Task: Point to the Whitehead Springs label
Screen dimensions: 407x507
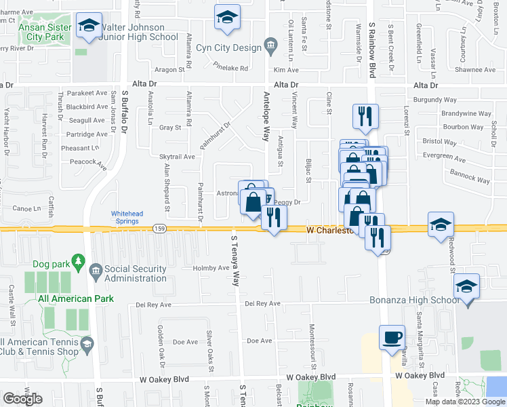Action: (x=127, y=217)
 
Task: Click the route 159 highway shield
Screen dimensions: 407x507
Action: (x=159, y=228)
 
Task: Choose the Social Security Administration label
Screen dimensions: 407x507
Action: (x=136, y=273)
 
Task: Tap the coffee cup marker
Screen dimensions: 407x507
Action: (x=392, y=338)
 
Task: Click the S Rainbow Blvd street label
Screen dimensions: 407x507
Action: (x=372, y=47)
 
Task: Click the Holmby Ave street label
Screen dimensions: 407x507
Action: (x=211, y=267)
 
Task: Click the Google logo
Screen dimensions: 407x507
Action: (x=22, y=399)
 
